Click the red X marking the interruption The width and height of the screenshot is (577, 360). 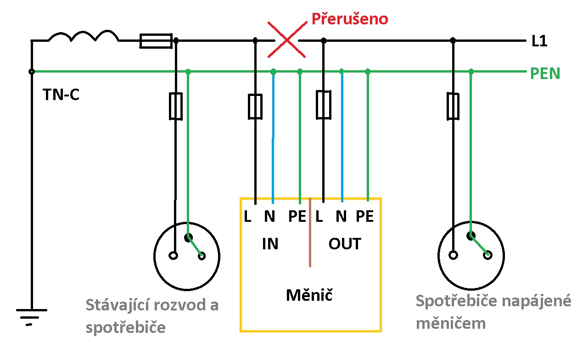[x=287, y=40]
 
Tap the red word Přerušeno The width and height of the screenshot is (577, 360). [x=350, y=19]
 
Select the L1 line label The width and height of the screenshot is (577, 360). [x=539, y=42]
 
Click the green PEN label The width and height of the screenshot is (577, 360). [x=545, y=73]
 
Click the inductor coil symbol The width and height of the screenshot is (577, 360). [x=83, y=37]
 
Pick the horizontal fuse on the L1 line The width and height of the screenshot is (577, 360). [x=156, y=41]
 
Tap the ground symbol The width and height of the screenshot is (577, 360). [x=31, y=315]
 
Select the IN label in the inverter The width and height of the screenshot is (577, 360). [x=270, y=244]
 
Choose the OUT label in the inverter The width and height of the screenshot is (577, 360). [x=345, y=244]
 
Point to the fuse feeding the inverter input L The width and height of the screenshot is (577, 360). [x=255, y=106]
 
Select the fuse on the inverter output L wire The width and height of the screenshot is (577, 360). [x=324, y=104]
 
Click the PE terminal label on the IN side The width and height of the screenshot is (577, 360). [x=297, y=216]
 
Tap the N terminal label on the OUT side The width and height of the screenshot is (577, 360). [x=341, y=216]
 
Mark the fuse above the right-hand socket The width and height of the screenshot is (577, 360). [x=453, y=106]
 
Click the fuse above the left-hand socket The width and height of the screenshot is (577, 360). [x=176, y=106]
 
